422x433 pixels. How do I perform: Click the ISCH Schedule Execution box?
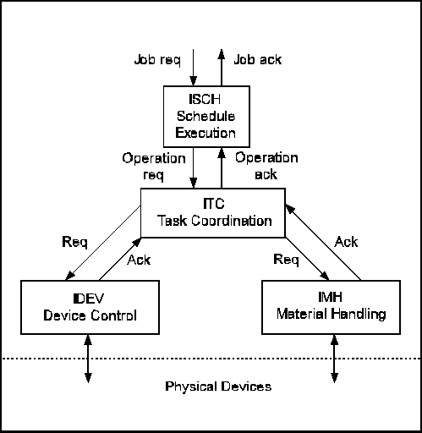click(x=206, y=117)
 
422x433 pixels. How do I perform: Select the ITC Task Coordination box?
click(x=213, y=213)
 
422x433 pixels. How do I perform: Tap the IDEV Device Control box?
click(x=90, y=307)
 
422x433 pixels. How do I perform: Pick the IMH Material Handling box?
click(x=331, y=307)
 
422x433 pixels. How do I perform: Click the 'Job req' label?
click(x=157, y=60)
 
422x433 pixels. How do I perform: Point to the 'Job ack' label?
click(x=258, y=60)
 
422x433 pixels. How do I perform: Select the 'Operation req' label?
click(x=154, y=167)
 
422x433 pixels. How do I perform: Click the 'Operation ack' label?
click(x=266, y=166)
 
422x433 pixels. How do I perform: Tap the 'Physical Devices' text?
click(x=218, y=386)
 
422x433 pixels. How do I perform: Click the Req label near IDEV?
click(x=74, y=242)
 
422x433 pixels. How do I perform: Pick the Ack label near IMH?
click(x=346, y=242)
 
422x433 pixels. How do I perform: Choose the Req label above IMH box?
click(x=286, y=260)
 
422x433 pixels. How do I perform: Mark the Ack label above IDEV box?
click(x=139, y=260)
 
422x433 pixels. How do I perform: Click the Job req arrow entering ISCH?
click(x=193, y=68)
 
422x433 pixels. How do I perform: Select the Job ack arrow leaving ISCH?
click(x=222, y=68)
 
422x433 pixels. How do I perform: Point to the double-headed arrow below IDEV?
click(x=88, y=359)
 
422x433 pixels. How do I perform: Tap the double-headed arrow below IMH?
click(x=334, y=359)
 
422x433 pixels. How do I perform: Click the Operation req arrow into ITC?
click(x=193, y=168)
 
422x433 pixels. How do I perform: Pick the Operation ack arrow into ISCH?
click(x=222, y=168)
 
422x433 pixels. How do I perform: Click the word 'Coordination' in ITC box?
click(x=232, y=221)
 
